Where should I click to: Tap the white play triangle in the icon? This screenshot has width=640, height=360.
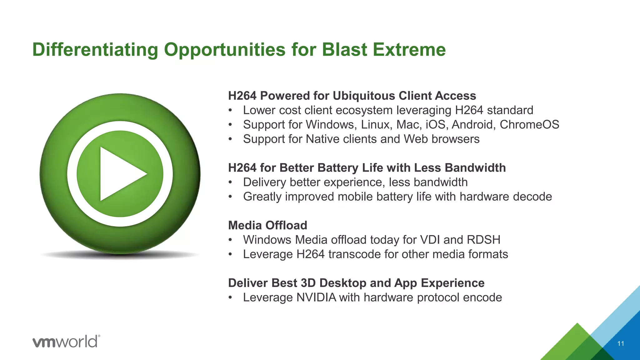120,174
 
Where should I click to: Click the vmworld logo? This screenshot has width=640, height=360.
66,341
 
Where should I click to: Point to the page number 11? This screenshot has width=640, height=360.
621,344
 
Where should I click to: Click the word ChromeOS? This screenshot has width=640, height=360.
529,125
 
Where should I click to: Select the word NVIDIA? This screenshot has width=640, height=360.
316,297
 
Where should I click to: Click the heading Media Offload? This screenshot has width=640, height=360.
267,225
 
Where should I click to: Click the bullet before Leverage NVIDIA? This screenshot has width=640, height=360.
230,297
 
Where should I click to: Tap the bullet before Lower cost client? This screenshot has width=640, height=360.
230,110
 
